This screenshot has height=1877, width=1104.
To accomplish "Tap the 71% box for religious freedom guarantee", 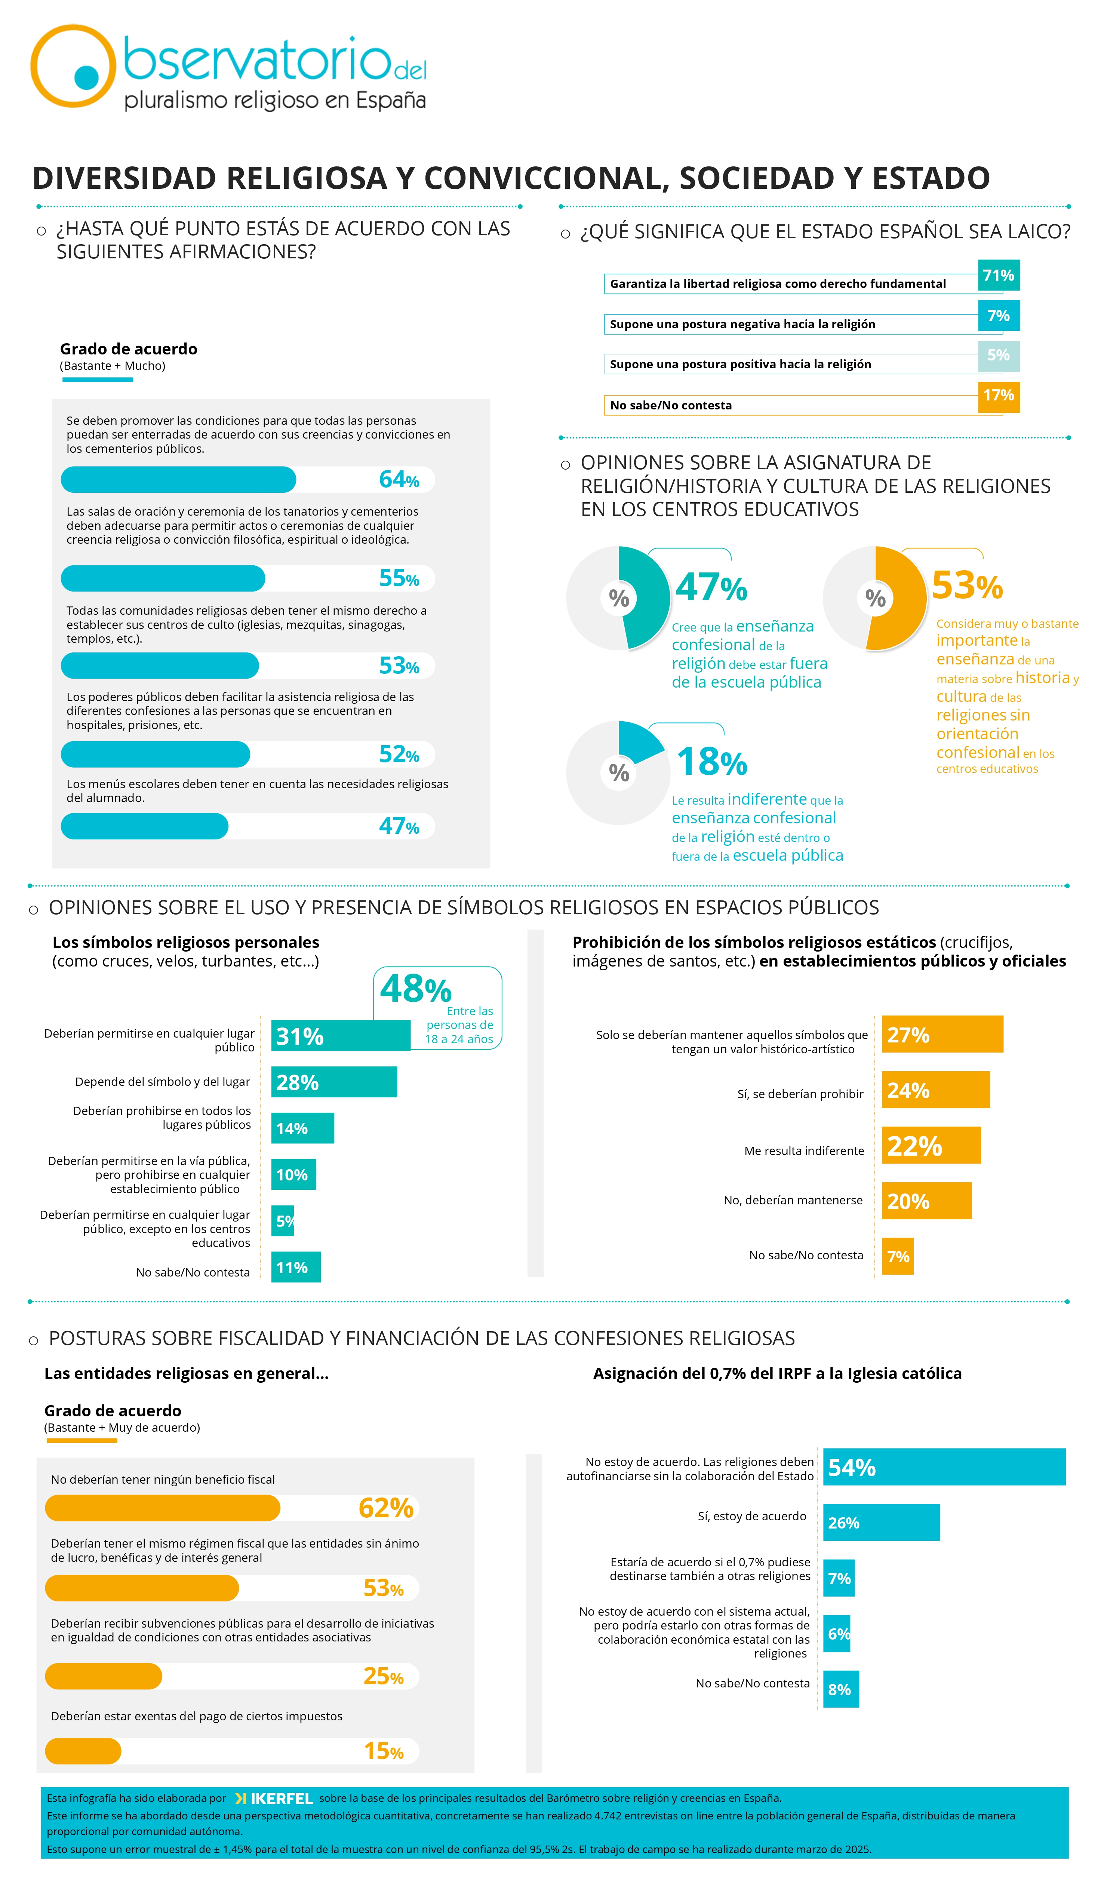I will pyautogui.click(x=998, y=276).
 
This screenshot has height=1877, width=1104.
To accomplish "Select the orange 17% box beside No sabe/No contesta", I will pyautogui.click(x=998, y=396).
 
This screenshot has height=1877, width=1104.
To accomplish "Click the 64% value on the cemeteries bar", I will pyautogui.click(x=399, y=480).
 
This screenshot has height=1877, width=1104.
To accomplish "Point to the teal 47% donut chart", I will pyautogui.click(x=618, y=598).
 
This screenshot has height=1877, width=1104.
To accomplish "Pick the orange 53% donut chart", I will pyautogui.click(x=875, y=598).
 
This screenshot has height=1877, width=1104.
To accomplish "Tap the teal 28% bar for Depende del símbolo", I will pyautogui.click(x=334, y=1082).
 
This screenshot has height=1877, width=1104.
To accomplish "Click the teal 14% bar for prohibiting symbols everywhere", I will pyautogui.click(x=302, y=1128).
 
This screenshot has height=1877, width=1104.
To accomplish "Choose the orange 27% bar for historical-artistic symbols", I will pyautogui.click(x=942, y=1035).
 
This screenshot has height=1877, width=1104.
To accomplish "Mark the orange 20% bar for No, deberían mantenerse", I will pyautogui.click(x=927, y=1201).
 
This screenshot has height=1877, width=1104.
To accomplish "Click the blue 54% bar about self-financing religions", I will pyautogui.click(x=944, y=1467).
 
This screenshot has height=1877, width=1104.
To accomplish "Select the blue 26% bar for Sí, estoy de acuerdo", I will pyautogui.click(x=881, y=1523).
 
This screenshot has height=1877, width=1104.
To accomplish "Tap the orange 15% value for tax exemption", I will pyautogui.click(x=384, y=1751).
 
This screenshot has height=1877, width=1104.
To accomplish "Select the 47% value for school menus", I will pyautogui.click(x=399, y=826).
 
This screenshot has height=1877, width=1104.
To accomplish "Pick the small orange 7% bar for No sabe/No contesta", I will pyautogui.click(x=898, y=1257).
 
